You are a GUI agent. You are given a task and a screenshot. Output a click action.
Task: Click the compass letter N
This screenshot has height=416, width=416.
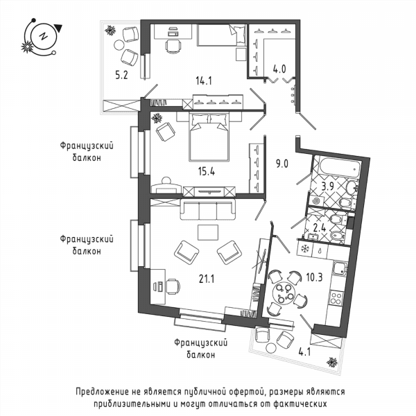pos(43,36)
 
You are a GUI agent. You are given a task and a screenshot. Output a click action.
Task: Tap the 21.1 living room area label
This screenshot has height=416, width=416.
pos(207,279)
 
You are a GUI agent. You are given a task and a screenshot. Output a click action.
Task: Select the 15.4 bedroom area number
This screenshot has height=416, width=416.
pos(207,172)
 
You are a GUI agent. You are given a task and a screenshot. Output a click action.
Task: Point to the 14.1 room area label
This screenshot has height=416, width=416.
pos(204,80)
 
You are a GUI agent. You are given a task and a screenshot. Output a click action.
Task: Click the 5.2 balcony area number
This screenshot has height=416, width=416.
pos(121,75)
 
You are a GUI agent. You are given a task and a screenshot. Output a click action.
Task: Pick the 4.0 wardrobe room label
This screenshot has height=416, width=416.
pos(279,69)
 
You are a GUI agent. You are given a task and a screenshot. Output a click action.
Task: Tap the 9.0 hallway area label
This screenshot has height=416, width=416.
pos(281,164)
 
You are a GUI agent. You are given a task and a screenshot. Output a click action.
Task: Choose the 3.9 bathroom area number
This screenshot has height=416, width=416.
pos(328,187)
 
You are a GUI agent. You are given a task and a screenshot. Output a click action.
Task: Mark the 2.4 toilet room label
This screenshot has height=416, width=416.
pos(320,227)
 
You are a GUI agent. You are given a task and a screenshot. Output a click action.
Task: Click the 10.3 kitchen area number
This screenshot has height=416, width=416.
pos(314,277)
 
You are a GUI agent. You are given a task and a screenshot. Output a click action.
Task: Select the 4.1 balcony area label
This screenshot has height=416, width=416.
pos(304,352)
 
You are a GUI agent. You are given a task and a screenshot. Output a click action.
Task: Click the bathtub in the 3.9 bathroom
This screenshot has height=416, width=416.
pos(340,166)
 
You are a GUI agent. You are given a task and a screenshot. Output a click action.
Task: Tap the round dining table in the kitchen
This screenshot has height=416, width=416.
pos(284,293)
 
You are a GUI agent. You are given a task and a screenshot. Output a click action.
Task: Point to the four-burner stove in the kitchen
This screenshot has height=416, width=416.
pos(336,297)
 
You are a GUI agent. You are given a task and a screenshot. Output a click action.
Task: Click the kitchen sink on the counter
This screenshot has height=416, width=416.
pos(340,268)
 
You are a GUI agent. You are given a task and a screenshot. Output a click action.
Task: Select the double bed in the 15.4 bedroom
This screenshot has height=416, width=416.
pos(209,137)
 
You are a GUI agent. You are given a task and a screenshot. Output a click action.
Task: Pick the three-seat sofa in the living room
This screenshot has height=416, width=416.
pos(208,209)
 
